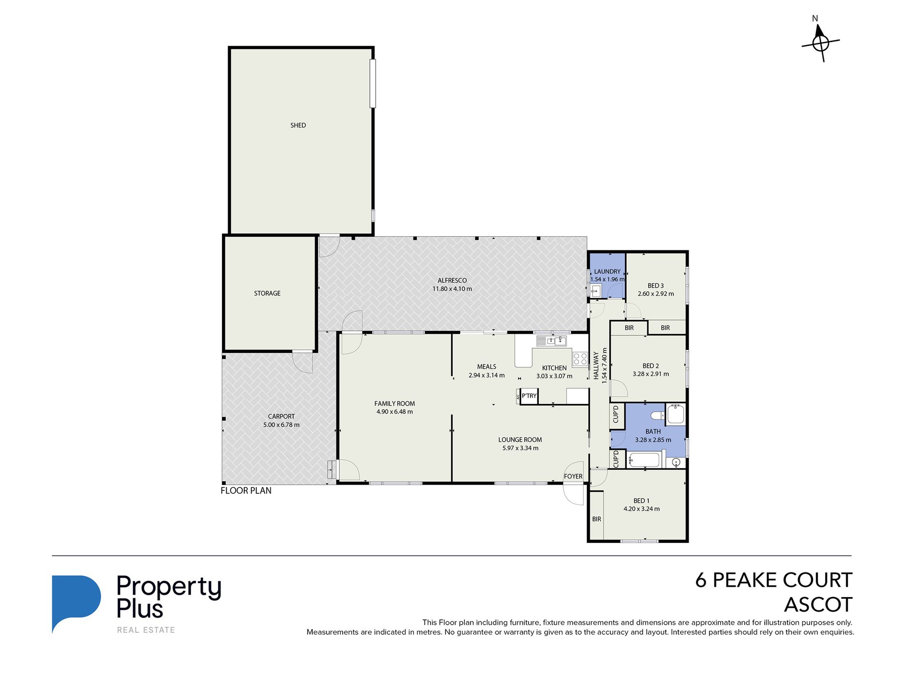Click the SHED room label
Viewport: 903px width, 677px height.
click(x=298, y=125)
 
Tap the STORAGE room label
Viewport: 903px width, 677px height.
click(x=267, y=294)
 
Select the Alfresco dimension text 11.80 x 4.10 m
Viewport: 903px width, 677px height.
click(x=452, y=289)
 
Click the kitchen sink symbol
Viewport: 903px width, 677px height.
click(x=551, y=340)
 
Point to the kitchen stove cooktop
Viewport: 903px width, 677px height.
click(x=580, y=359)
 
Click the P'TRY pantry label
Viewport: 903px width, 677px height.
click(x=529, y=396)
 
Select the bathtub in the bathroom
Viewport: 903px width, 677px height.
click(x=644, y=460)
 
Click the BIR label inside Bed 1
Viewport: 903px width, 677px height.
click(x=596, y=519)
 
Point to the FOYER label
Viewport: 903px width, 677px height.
click(x=573, y=477)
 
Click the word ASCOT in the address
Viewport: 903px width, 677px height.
click(x=818, y=605)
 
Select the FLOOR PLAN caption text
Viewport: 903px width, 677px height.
click(x=246, y=491)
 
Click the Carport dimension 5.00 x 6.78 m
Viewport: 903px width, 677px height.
click(x=281, y=425)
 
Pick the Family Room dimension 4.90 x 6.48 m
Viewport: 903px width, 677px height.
click(x=394, y=412)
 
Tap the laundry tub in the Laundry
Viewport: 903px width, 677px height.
click(x=596, y=291)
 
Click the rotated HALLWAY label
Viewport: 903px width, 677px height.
click(x=596, y=365)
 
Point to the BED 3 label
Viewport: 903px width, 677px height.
click(x=655, y=286)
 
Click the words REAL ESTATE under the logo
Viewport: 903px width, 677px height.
click(x=146, y=630)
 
